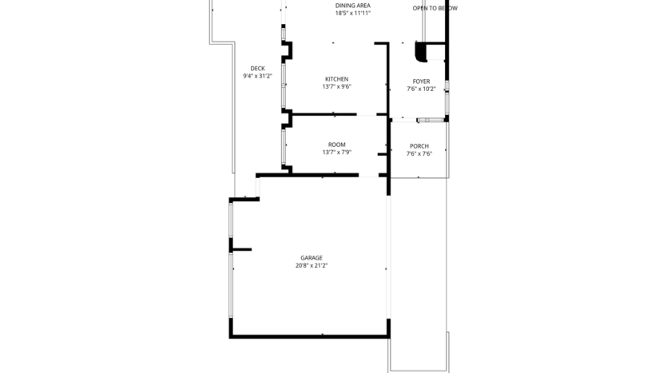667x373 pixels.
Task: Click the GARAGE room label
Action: point(312,258)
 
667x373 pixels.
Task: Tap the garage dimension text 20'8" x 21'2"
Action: point(312,266)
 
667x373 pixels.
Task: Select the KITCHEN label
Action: point(336,79)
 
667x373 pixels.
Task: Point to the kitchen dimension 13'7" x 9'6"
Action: point(336,87)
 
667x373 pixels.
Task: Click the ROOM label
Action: point(336,145)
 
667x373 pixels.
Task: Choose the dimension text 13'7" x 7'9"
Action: point(336,153)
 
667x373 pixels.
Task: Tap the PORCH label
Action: point(419,146)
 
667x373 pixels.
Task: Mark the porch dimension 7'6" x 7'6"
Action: point(419,154)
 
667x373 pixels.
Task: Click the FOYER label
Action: point(421,81)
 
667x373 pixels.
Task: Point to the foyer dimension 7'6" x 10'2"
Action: point(421,89)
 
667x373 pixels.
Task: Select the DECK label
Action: point(257,69)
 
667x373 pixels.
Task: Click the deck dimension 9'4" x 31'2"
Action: point(257,77)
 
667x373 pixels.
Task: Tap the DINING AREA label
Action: point(352,6)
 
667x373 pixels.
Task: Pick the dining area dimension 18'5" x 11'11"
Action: point(352,14)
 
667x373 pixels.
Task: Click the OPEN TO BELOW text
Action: point(435,8)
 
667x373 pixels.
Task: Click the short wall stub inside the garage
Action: point(241,250)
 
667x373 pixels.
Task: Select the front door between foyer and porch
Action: point(430,121)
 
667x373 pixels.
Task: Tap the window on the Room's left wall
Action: point(284,148)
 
